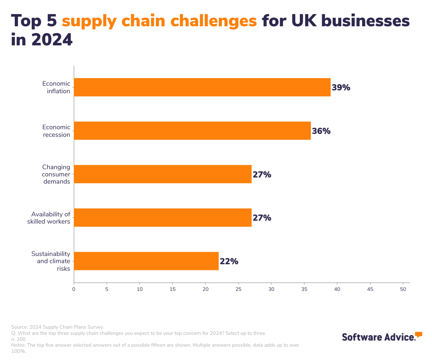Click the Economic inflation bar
coord(202,87)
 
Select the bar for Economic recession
coord(192,131)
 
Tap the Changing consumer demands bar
coord(163,174)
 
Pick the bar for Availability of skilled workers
coord(163,217)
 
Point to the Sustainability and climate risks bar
coord(146,261)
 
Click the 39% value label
coord(341,87)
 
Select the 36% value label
coord(321,131)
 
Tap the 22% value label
coord(229,261)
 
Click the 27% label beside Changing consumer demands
coord(262,175)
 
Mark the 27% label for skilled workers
coord(262,218)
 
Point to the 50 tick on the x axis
coord(403,289)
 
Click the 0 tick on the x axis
coord(74,289)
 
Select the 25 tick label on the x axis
coord(238,289)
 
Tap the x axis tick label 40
coord(337,289)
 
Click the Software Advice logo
coord(382,336)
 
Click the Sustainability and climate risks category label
coord(51,261)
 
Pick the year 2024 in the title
coord(52,40)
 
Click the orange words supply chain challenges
coord(159,21)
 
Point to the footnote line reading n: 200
coord(18,339)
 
